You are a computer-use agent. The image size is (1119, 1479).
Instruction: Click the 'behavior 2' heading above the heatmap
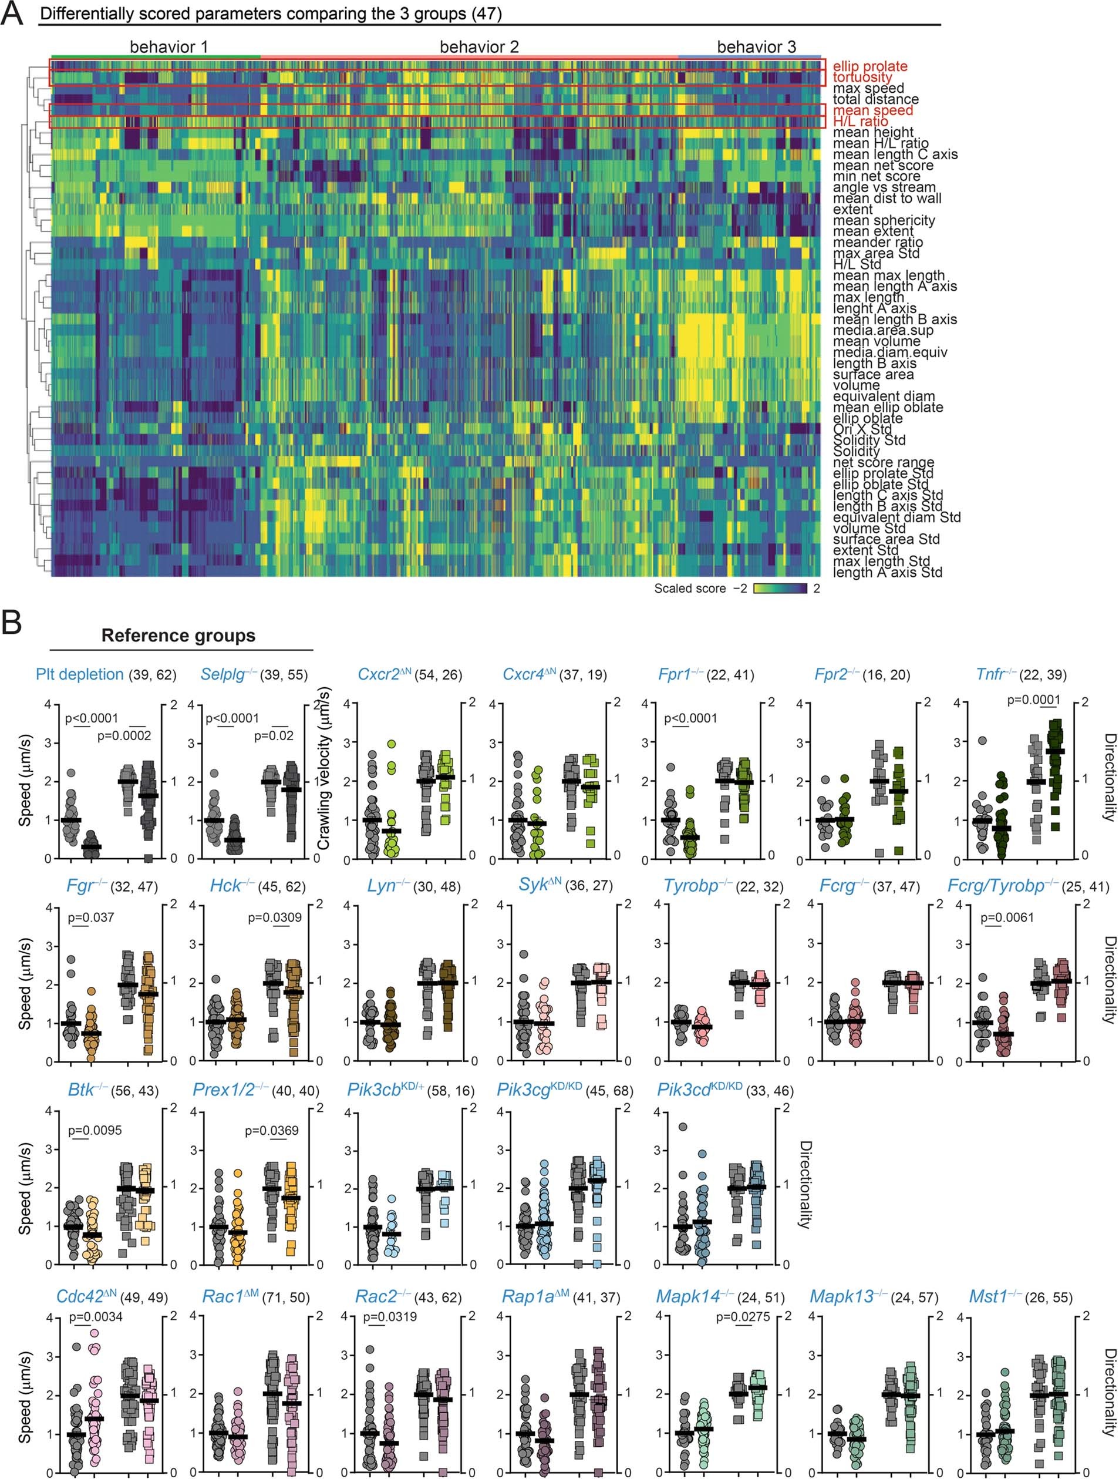[478, 47]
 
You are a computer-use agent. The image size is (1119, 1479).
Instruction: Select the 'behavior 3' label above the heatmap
[756, 47]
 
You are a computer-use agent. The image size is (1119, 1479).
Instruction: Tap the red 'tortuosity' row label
[862, 77]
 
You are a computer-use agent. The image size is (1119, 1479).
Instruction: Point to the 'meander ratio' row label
[877, 242]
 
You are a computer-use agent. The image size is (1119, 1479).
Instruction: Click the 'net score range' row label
[883, 462]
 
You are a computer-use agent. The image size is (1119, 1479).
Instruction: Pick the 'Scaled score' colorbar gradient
[780, 589]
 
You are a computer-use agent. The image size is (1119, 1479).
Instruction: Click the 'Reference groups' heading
[178, 635]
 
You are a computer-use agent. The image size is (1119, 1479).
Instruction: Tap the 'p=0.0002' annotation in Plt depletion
[124, 735]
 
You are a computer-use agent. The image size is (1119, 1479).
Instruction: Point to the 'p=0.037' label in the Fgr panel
[91, 917]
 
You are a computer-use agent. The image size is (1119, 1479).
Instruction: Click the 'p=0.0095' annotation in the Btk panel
[95, 1131]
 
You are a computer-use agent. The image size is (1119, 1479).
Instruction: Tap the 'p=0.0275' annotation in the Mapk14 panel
[743, 1316]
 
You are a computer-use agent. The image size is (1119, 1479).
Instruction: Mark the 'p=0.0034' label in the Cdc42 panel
[96, 1316]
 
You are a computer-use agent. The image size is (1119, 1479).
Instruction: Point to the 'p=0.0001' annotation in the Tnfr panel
[1033, 700]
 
